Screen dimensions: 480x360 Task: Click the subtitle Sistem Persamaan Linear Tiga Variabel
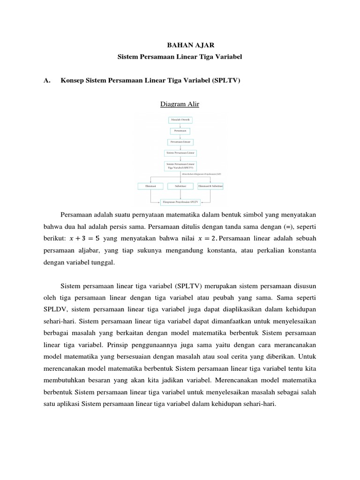pos(180,56)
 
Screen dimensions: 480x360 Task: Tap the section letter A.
pos(46,80)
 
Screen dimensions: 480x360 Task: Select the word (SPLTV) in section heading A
pos(226,80)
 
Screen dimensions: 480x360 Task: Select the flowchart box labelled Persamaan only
pos(180,131)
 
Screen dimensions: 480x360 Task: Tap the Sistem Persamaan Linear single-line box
pos(180,153)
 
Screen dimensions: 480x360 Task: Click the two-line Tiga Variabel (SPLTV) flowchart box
pos(180,166)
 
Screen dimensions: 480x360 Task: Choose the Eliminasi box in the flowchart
pos(150,186)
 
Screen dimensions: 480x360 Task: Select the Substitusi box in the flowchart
pos(180,186)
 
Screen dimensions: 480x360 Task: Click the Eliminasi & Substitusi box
pos(210,186)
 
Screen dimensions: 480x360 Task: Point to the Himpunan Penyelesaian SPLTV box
pos(180,202)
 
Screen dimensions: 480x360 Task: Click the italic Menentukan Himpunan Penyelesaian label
pos(202,174)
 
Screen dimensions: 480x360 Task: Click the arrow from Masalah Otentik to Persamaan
pos(180,126)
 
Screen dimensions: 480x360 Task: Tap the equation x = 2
pos(194,239)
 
